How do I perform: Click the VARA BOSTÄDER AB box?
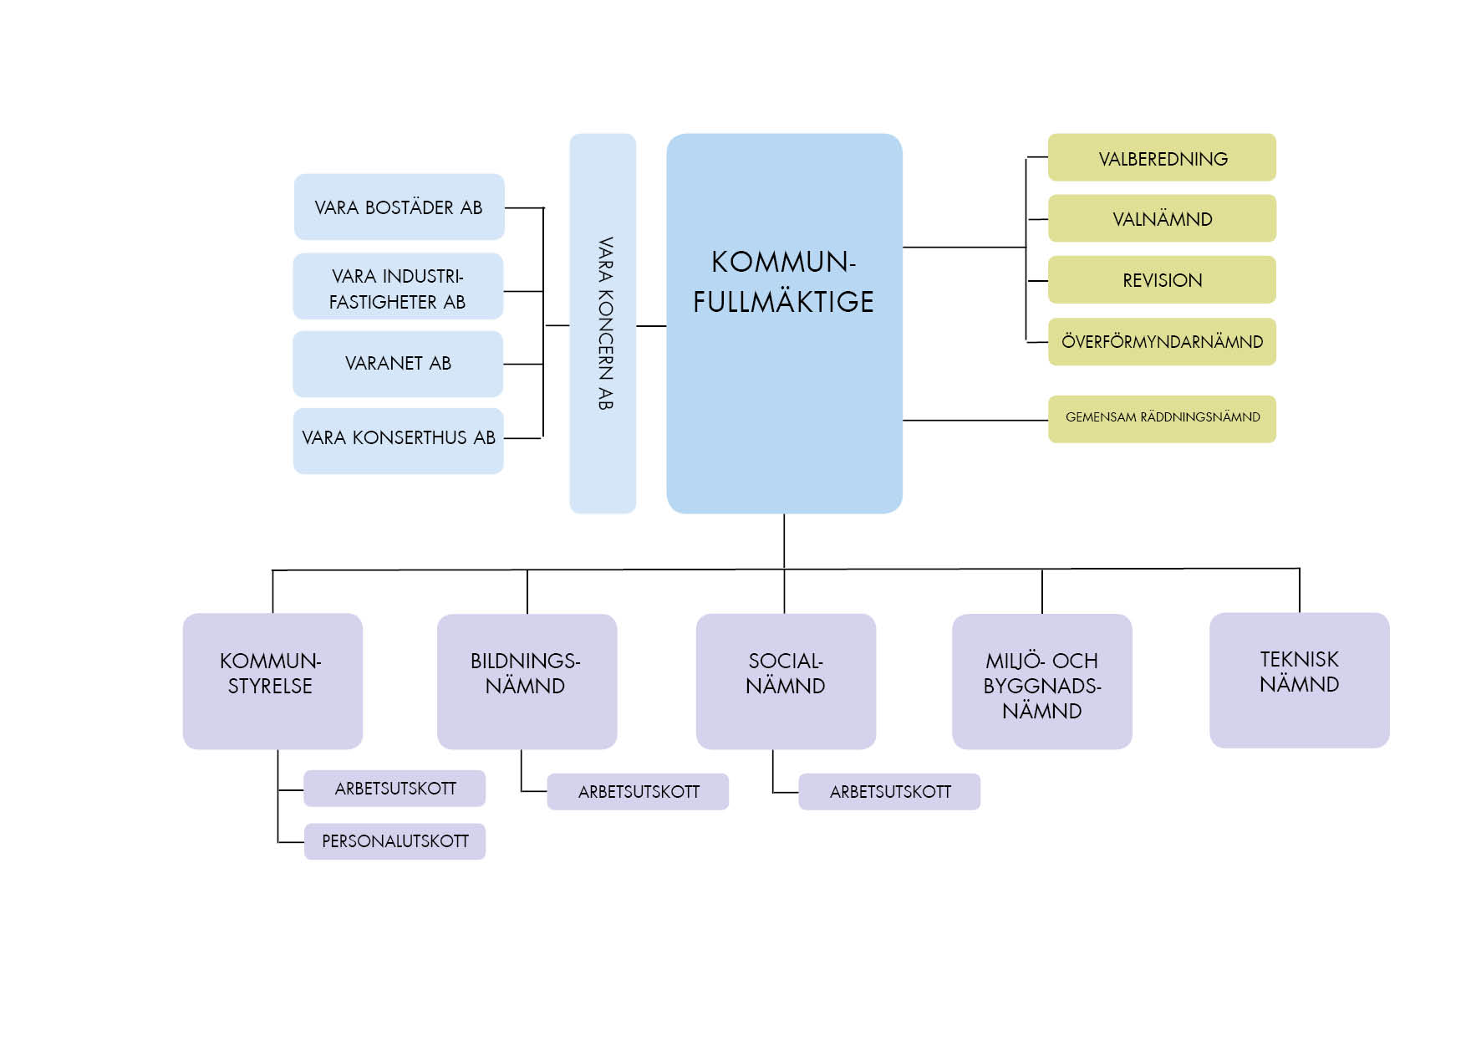point(399,207)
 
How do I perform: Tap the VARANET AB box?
point(398,364)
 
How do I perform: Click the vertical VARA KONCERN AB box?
point(603,324)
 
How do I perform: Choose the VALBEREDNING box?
point(1162,157)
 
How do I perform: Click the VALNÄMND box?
point(1162,218)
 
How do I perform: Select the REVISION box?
point(1162,280)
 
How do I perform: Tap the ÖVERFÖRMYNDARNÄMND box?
point(1162,341)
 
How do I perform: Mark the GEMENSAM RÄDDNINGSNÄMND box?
point(1162,418)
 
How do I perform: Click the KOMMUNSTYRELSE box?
point(272,681)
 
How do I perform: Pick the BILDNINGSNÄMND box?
point(527,681)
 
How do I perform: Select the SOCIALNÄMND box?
point(786,681)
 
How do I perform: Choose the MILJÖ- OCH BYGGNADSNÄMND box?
point(1041,681)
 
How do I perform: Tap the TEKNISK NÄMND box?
point(1299,680)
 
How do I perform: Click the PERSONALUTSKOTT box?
point(394,841)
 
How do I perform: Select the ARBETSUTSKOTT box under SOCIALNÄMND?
point(889,792)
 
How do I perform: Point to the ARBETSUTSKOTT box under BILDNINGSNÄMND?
point(638,792)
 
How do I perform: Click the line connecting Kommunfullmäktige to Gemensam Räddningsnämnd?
point(975,420)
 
